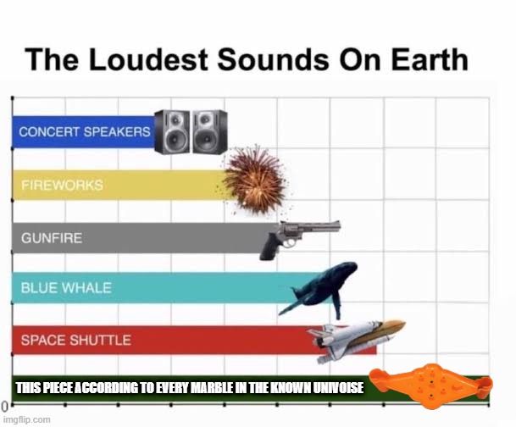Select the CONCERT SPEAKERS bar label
(x=85, y=132)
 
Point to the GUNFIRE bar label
(x=52, y=238)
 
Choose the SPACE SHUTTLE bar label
(x=75, y=340)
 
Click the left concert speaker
(x=172, y=132)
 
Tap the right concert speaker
(x=209, y=132)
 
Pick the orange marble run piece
(x=431, y=385)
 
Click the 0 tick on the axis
(x=4, y=409)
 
